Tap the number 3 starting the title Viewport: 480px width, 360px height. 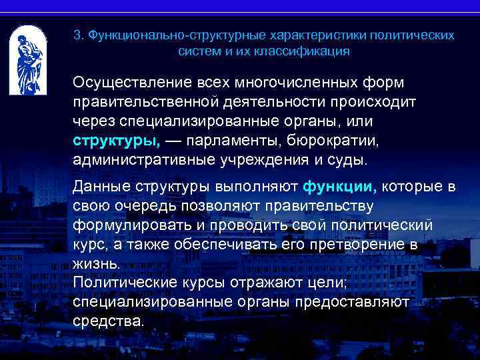(77, 34)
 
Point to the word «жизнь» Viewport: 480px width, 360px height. (97, 263)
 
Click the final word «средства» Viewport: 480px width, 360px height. (107, 320)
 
